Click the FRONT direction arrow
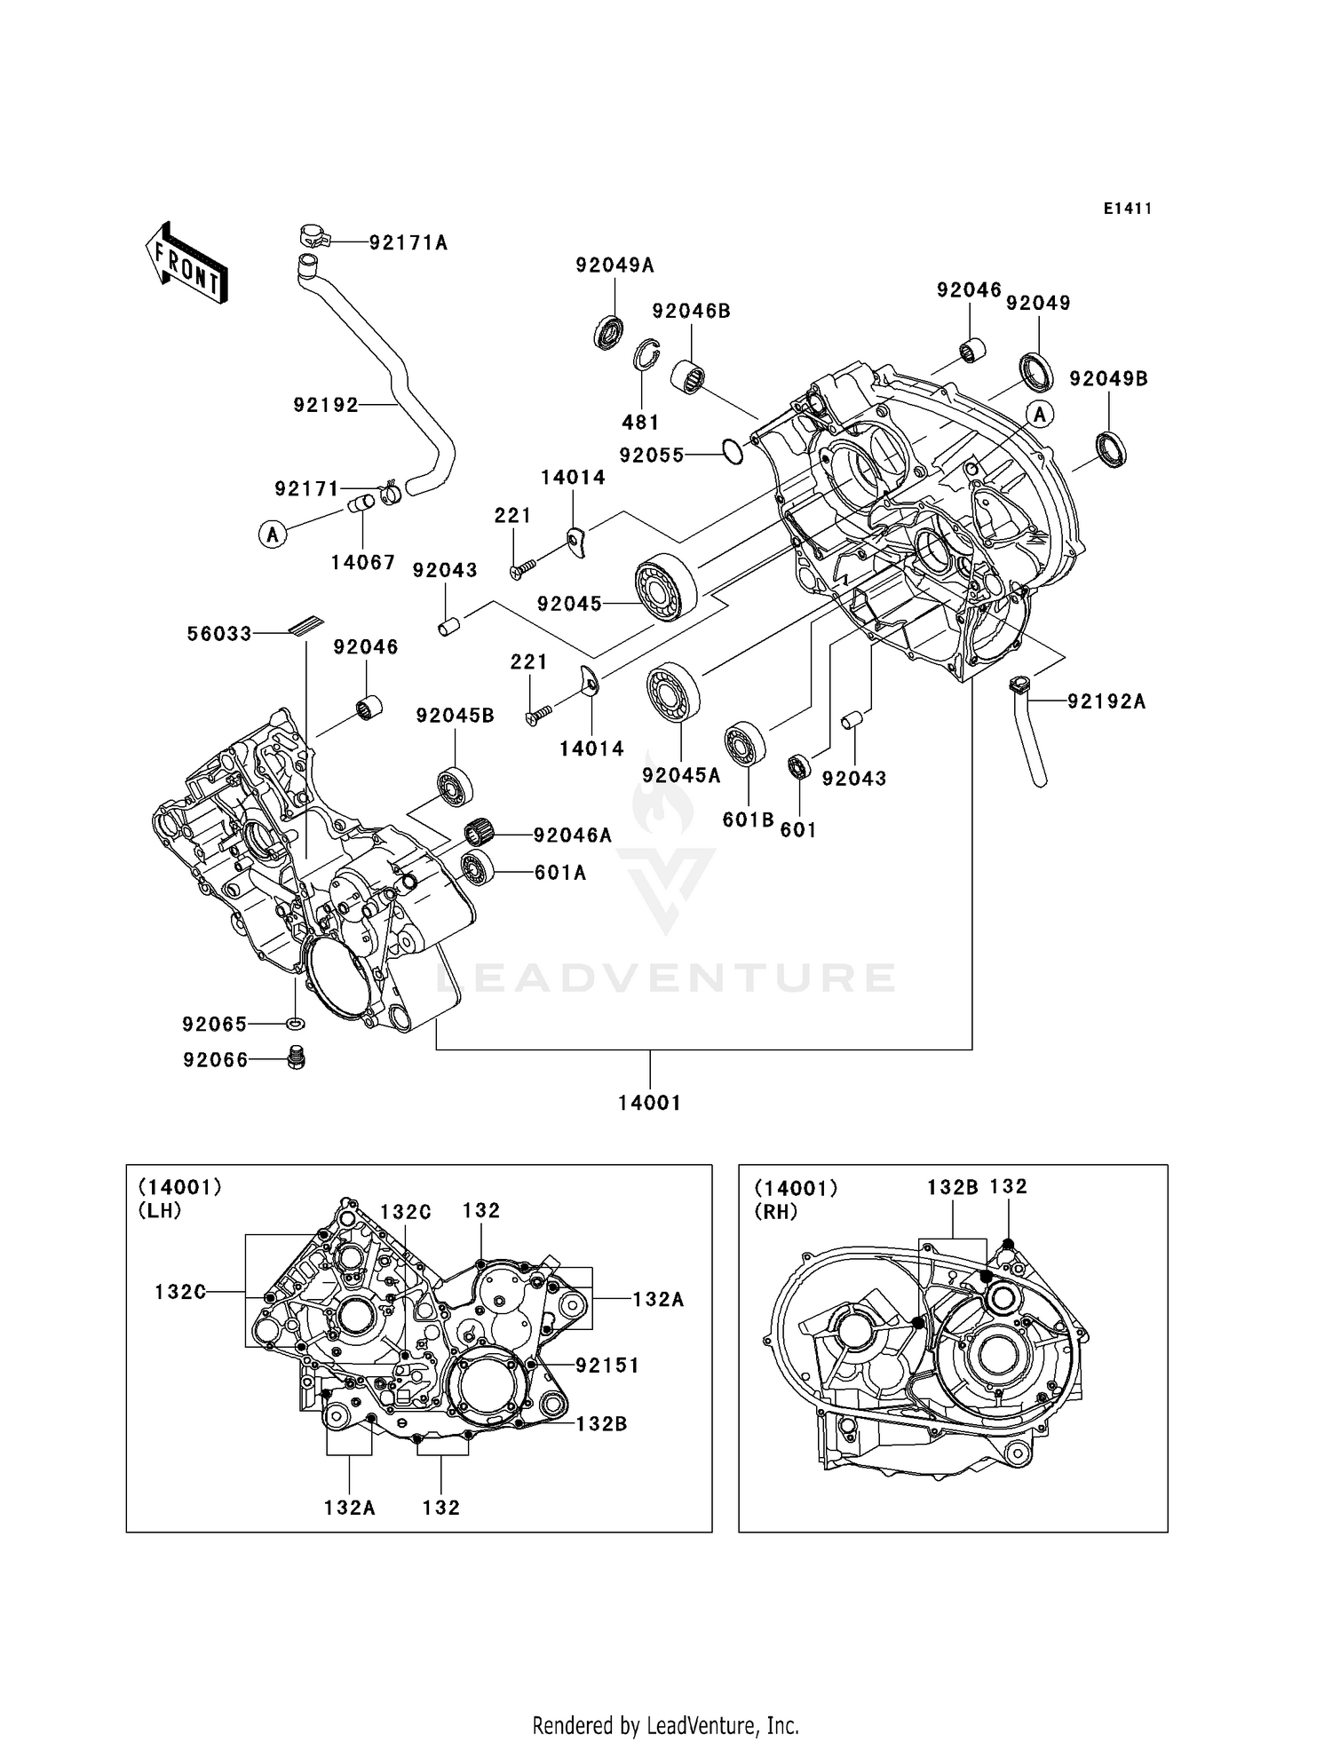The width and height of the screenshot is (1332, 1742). pyautogui.click(x=187, y=265)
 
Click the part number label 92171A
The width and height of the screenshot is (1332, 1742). pyautogui.click(x=408, y=242)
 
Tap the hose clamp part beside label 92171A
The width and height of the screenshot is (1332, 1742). pyautogui.click(x=312, y=236)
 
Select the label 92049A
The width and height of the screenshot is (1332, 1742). pyautogui.click(x=614, y=265)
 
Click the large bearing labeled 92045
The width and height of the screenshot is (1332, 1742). pyautogui.click(x=665, y=586)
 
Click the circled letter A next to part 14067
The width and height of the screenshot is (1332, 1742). pyautogui.click(x=273, y=534)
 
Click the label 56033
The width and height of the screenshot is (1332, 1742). pyautogui.click(x=219, y=633)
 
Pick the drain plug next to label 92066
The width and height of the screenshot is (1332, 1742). pyautogui.click(x=297, y=1058)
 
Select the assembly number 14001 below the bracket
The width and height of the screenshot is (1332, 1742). pyautogui.click(x=649, y=1103)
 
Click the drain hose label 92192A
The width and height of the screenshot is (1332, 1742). pyautogui.click(x=1106, y=701)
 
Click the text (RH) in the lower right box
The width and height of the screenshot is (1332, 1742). pyautogui.click(x=776, y=1212)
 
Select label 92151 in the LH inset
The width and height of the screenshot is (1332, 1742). pyautogui.click(x=607, y=1365)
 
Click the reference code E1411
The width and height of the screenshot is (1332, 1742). pyautogui.click(x=1128, y=209)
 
